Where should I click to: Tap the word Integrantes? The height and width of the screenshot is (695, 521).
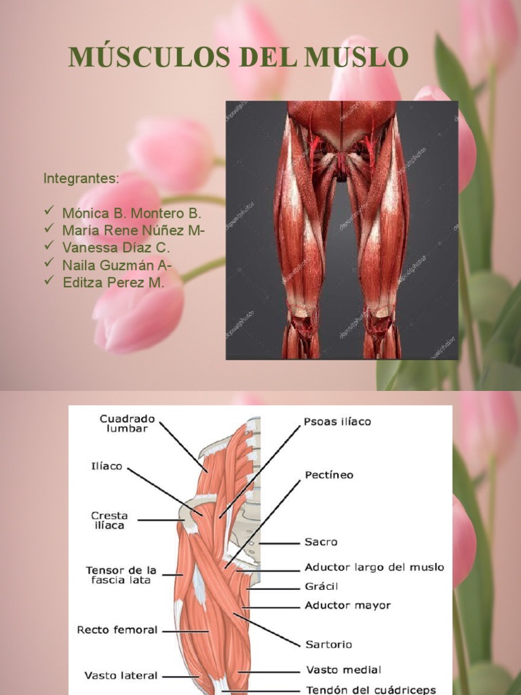tap(81, 179)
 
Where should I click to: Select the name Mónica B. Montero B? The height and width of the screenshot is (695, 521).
tap(132, 213)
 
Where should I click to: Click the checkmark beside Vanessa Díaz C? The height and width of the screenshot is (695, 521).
tap(49, 245)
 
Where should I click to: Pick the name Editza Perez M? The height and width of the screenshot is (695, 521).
tap(113, 282)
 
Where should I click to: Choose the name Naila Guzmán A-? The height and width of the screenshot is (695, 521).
tap(117, 265)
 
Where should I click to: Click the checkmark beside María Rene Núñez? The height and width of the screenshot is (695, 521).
tap(49, 228)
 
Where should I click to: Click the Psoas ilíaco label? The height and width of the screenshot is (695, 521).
tap(337, 421)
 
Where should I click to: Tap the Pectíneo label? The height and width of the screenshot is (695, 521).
tap(329, 474)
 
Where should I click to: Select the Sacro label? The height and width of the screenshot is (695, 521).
tap(321, 542)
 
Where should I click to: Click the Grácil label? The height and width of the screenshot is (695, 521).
tap(321, 586)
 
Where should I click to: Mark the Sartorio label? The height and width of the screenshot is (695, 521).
tap(329, 644)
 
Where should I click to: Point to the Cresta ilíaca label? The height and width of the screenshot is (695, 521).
tap(109, 521)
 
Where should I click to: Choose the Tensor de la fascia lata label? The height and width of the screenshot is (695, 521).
tap(121, 575)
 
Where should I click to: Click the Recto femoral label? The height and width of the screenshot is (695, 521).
tap(117, 630)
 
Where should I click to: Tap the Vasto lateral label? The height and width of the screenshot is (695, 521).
tap(121, 675)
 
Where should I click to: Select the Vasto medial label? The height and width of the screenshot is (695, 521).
tap(344, 669)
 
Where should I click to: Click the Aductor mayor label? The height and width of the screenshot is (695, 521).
tap(348, 605)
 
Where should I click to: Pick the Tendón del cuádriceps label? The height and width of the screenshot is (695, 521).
tap(371, 690)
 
